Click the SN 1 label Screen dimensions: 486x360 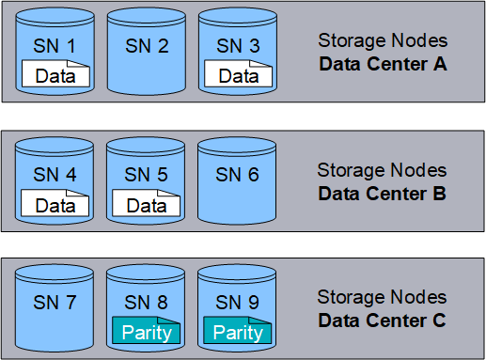coord(55,46)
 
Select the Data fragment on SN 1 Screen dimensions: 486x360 coord(55,73)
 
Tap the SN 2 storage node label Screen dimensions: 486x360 coord(147,46)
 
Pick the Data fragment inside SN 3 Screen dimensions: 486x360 coord(238,73)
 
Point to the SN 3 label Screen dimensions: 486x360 coord(238,46)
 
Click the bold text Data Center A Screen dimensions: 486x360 coord(383,64)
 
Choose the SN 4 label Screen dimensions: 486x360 coord(55,175)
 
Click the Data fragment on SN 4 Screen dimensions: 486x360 coord(55,203)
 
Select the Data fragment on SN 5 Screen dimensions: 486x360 coord(146,203)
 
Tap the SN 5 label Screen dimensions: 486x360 coord(146,175)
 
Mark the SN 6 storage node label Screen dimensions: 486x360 coord(237,175)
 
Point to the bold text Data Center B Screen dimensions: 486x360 coord(382,194)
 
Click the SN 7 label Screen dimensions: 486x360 coord(55,303)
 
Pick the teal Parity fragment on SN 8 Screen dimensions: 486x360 coord(146,330)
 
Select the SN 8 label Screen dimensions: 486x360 coord(146,303)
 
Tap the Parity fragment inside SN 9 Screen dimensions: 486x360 coord(237,330)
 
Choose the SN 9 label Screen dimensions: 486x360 coord(237,303)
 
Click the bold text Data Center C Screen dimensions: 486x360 coord(382,321)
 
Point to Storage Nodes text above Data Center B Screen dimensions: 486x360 coord(382,170)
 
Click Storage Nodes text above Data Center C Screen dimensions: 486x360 coord(382,297)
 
